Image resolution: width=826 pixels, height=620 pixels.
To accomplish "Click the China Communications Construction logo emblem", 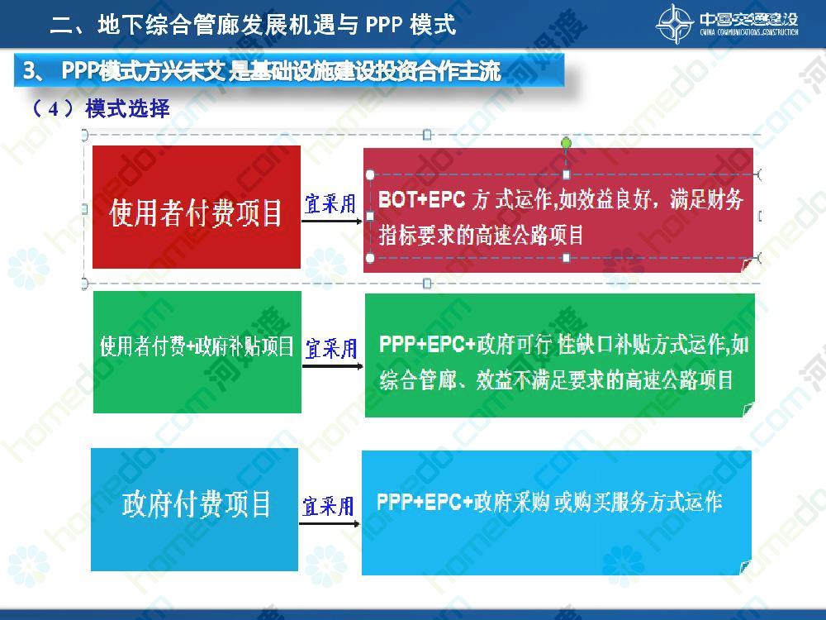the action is pyautogui.click(x=675, y=23).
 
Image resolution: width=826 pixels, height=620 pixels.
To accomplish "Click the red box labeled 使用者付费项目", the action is pyautogui.click(x=197, y=207).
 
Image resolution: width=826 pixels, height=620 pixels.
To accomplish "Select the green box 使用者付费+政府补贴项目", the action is pyautogui.click(x=197, y=352).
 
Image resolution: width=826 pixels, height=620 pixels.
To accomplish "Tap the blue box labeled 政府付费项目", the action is pyautogui.click(x=194, y=509).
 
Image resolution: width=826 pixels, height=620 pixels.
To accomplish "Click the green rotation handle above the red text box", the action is pyautogui.click(x=567, y=143).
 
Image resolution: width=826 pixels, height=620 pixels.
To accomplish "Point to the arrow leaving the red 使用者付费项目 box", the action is pyautogui.click(x=332, y=221).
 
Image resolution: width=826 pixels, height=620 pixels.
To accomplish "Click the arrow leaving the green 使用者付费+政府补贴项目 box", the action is pyautogui.click(x=333, y=366).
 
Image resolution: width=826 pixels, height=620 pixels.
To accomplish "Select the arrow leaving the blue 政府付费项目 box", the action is pyautogui.click(x=330, y=523).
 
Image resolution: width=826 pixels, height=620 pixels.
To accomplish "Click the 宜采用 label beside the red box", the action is pyautogui.click(x=330, y=203).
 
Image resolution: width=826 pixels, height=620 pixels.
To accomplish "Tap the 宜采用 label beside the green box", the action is pyautogui.click(x=331, y=349).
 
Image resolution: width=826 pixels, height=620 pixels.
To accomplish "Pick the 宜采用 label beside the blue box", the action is pyautogui.click(x=328, y=506).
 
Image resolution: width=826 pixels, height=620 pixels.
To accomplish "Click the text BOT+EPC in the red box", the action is pyautogui.click(x=422, y=199).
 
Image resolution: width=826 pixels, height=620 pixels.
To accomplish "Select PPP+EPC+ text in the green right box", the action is pyautogui.click(x=427, y=344).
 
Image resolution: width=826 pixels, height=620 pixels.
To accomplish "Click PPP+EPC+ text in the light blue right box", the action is pyautogui.click(x=425, y=502).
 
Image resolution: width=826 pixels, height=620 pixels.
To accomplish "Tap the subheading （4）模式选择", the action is pyautogui.click(x=100, y=108).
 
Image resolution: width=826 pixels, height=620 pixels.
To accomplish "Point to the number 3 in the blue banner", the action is pyautogui.click(x=28, y=70).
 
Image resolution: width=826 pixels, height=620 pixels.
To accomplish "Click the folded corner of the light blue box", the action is pyautogui.click(x=745, y=567).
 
